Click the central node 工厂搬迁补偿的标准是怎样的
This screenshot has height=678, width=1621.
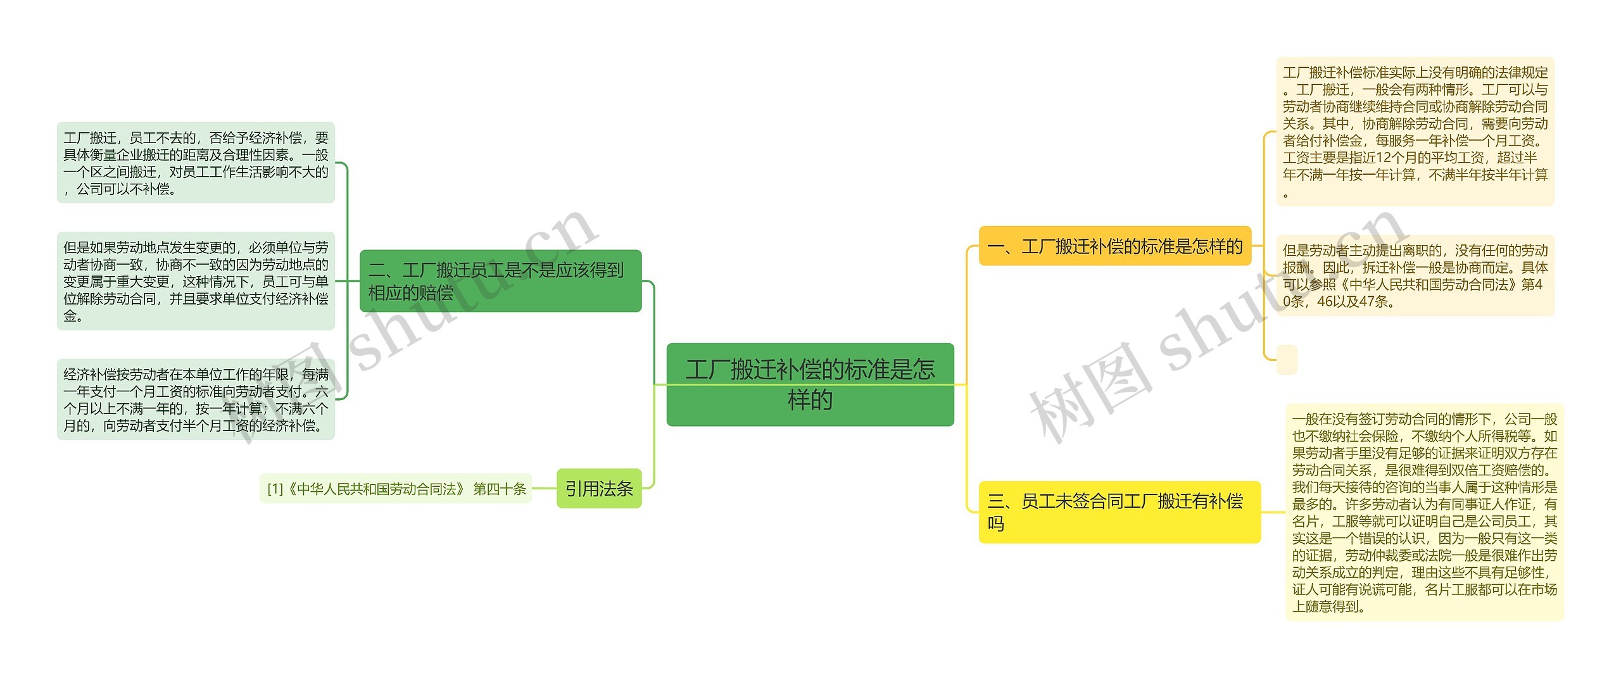(810, 384)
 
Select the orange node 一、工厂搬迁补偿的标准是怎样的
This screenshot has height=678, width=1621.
(1115, 246)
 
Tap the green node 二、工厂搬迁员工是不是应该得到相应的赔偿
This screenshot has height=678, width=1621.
(500, 281)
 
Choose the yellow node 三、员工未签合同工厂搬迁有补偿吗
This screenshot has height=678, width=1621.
(1119, 512)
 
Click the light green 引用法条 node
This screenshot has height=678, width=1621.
(599, 489)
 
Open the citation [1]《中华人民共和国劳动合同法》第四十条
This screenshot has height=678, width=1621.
(396, 489)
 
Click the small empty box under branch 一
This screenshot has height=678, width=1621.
(1287, 360)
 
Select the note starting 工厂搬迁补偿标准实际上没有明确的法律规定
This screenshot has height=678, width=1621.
(1415, 132)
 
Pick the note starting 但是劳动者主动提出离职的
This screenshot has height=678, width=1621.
(1415, 275)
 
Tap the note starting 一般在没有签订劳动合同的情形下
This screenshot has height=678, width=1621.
(1424, 512)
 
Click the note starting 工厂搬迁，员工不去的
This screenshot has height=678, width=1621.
(196, 163)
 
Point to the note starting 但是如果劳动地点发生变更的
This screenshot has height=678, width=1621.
(196, 281)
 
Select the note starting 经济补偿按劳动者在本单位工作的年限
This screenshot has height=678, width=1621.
(196, 399)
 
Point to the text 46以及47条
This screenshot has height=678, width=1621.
(1355, 302)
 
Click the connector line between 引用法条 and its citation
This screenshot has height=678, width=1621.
(544, 489)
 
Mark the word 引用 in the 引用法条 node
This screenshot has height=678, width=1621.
(582, 489)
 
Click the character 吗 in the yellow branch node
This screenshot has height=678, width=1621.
(996, 524)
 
